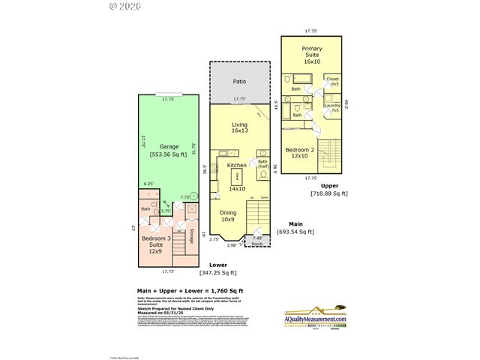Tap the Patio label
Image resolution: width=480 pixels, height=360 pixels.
click(x=239, y=81)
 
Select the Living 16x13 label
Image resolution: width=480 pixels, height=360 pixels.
click(x=239, y=127)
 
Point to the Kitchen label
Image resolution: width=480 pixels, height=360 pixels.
click(x=237, y=165)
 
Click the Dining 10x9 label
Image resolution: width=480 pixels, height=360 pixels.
click(x=228, y=216)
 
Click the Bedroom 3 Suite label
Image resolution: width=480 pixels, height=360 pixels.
click(x=156, y=245)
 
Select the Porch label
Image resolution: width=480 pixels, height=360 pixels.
click(x=256, y=243)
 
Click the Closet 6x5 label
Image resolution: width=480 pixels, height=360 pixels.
click(x=333, y=81)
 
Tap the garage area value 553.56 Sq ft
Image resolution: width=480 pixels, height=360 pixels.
click(x=168, y=154)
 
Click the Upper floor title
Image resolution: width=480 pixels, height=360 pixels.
click(x=328, y=185)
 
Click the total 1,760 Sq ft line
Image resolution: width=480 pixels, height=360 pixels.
click(x=190, y=290)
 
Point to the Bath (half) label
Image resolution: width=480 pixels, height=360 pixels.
click(x=262, y=164)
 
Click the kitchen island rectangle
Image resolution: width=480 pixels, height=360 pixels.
click(x=237, y=177)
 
